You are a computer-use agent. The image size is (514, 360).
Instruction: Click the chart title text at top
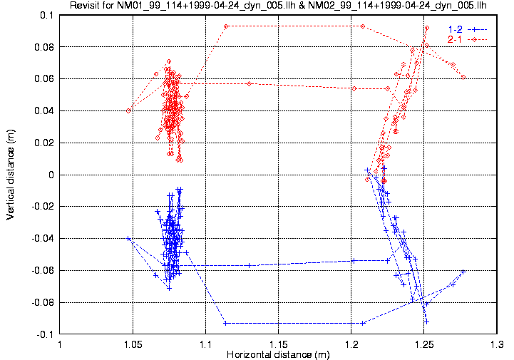pos(278,6)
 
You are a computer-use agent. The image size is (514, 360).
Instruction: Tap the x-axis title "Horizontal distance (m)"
pos(278,354)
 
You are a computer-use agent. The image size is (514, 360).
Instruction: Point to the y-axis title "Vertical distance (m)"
pos(11,175)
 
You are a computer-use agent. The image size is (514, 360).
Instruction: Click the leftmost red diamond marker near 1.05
pos(129,110)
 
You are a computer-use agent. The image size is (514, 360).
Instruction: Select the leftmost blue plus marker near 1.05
pos(129,239)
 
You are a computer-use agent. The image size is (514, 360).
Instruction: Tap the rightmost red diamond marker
pos(463,77)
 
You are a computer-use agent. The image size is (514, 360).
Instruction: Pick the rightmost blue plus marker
pos(463,272)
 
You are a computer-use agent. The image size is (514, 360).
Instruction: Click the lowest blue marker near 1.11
pos(225,323)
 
